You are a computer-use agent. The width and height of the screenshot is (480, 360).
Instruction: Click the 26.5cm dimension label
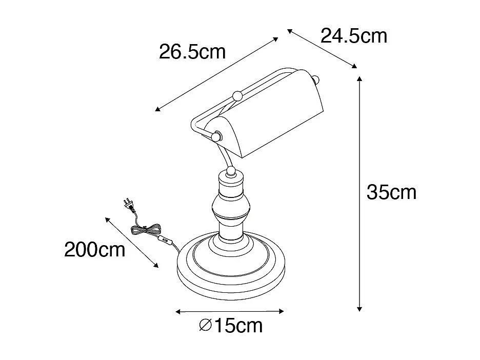[x=192, y=52]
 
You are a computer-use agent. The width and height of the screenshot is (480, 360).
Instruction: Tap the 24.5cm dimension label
[x=353, y=36]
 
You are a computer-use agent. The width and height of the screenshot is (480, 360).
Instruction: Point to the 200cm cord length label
[x=95, y=250]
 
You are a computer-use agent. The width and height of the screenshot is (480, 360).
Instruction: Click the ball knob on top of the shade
[x=237, y=95]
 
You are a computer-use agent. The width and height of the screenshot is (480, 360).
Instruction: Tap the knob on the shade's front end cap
[x=217, y=136]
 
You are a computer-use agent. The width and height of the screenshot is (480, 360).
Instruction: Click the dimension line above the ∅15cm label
[x=229, y=311]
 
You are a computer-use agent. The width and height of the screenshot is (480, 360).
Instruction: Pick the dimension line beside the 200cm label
[x=132, y=242]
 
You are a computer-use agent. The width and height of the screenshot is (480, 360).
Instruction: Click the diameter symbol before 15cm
[x=205, y=325]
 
